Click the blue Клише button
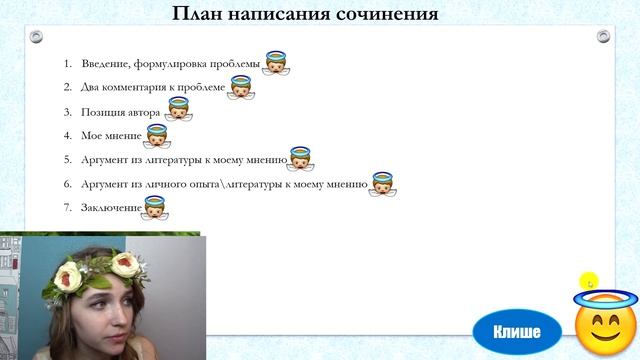coord(517,331)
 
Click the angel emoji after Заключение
coord(154,207)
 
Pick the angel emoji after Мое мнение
coord(156,135)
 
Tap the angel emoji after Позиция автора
coord(178,109)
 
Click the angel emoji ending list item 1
coord(276,64)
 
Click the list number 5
coord(68,160)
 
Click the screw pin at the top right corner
coord(603,37)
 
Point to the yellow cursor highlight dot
coord(590,282)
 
